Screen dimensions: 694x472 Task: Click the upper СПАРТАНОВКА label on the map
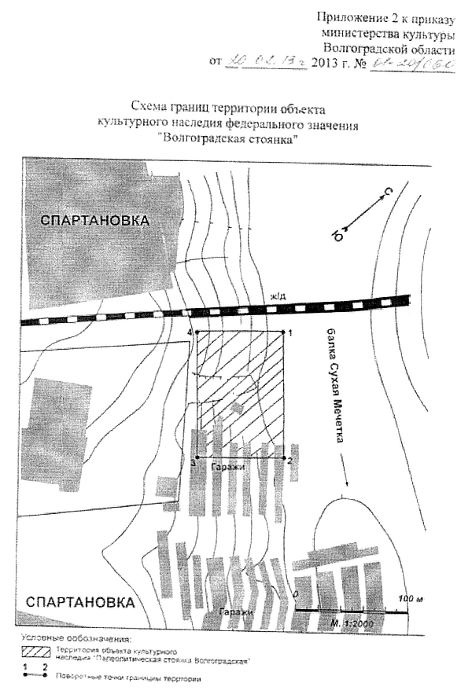(94, 221)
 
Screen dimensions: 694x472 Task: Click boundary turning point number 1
(284, 332)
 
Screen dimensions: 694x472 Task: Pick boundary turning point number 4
(197, 332)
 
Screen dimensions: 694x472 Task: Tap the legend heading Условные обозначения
(75, 638)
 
